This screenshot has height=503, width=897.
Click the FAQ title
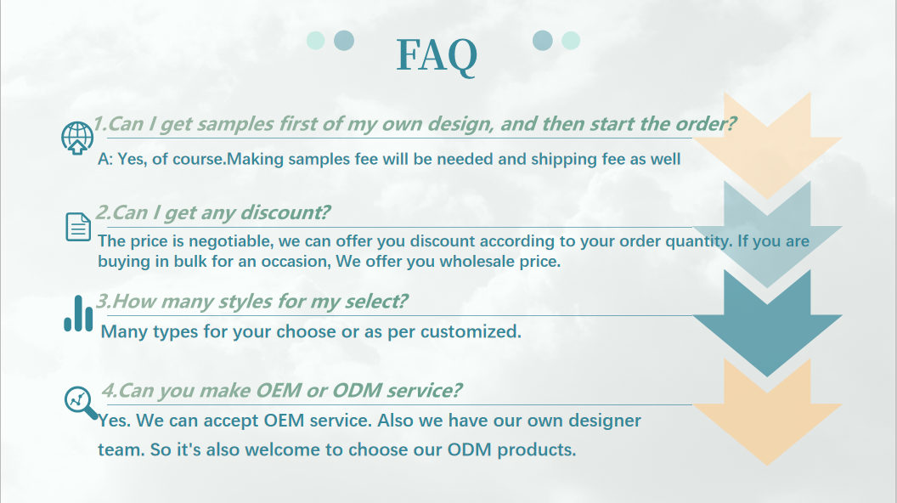point(437,55)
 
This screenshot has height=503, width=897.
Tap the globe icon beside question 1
point(77,138)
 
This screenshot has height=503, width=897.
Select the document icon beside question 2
point(78,227)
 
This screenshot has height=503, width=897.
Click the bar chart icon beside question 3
point(78,314)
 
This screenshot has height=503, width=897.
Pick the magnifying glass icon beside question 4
point(81,403)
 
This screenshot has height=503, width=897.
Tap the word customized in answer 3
point(471,331)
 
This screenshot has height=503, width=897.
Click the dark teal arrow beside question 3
point(767,324)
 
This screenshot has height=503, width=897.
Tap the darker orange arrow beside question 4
point(767,413)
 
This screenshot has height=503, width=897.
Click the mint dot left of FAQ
point(316,41)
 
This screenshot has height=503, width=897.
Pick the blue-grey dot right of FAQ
point(542,41)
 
